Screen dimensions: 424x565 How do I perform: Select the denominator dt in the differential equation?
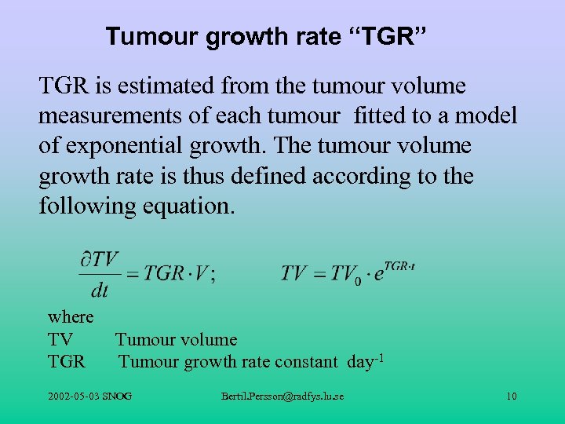(100, 291)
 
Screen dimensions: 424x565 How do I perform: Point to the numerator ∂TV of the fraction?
(99, 258)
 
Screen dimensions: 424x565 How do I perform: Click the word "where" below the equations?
(71, 316)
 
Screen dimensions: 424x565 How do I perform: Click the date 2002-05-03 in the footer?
(71, 396)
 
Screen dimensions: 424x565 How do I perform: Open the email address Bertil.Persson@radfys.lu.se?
(282, 396)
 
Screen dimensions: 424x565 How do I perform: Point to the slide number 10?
(511, 396)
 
